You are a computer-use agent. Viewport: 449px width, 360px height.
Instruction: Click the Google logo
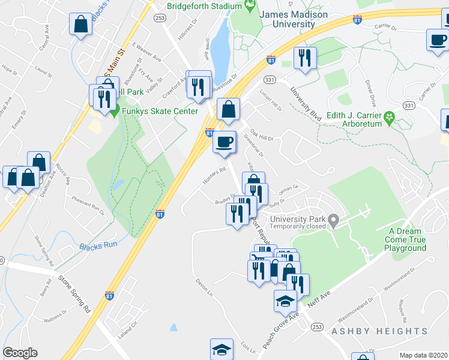(20, 353)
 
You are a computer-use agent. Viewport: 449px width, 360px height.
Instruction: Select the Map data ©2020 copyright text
(423, 355)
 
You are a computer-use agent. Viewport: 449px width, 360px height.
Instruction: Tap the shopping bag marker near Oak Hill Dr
(228, 110)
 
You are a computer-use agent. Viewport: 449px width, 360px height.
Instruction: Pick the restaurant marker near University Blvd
(305, 58)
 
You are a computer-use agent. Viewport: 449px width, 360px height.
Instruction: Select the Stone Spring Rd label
(74, 295)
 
